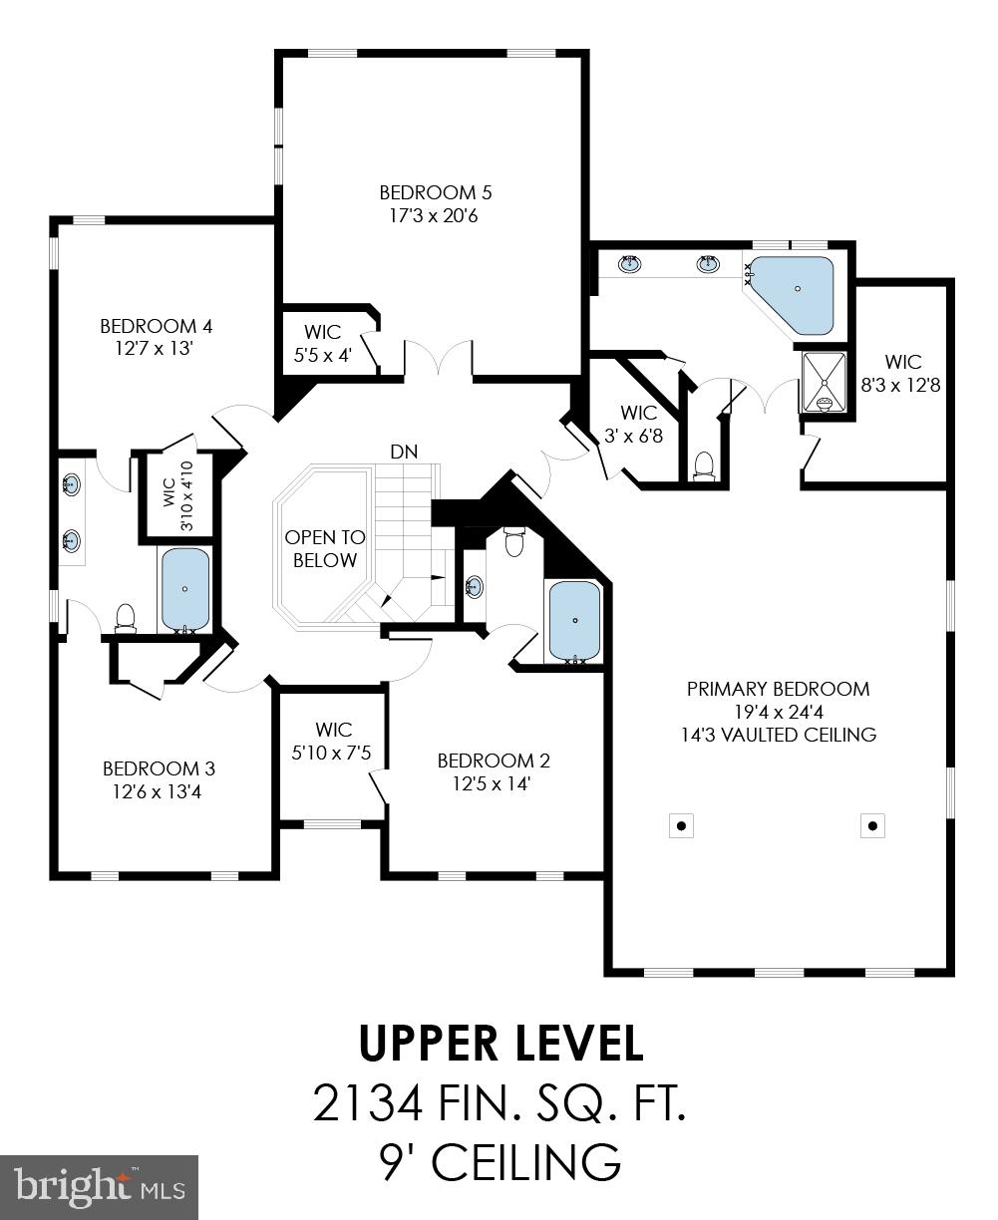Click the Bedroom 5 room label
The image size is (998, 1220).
435,192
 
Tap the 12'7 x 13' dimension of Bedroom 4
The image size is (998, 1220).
156,348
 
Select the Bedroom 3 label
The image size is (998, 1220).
159,768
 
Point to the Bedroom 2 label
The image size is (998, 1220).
493,761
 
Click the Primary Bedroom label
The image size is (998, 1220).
778,689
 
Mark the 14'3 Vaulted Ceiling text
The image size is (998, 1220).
778,736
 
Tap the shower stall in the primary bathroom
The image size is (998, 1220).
824,381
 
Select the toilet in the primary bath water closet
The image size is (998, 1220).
705,465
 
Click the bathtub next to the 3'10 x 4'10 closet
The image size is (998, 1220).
185,590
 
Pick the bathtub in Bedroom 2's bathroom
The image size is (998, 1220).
575,621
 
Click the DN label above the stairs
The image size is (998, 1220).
404,452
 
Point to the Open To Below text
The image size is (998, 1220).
325,548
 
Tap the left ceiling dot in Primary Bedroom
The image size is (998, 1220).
681,825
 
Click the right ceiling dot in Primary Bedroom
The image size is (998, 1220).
872,825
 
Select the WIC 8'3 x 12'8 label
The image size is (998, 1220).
902,373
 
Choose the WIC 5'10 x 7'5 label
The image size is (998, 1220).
331,742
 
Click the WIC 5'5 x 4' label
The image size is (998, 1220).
322,343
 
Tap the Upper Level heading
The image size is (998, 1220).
500,1043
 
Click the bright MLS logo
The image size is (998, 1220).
100,1187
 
